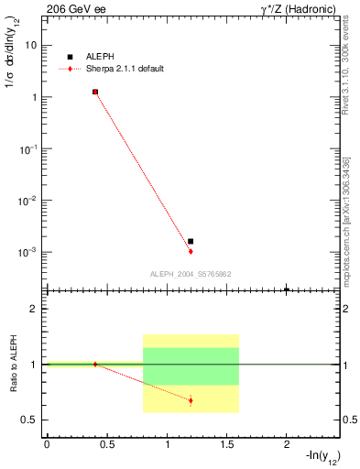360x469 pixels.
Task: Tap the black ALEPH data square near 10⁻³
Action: [x=191, y=241]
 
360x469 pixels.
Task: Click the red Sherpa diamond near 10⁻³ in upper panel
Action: [x=191, y=251]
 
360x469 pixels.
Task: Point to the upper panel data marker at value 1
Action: [x=95, y=92]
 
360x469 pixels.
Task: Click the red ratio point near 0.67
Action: [x=191, y=400]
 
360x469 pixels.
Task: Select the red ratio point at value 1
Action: [x=95, y=364]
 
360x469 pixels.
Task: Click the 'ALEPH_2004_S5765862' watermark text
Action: [x=191, y=274]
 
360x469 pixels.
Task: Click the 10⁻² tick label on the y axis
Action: [x=29, y=200]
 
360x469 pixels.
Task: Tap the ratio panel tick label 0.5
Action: [x=29, y=420]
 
